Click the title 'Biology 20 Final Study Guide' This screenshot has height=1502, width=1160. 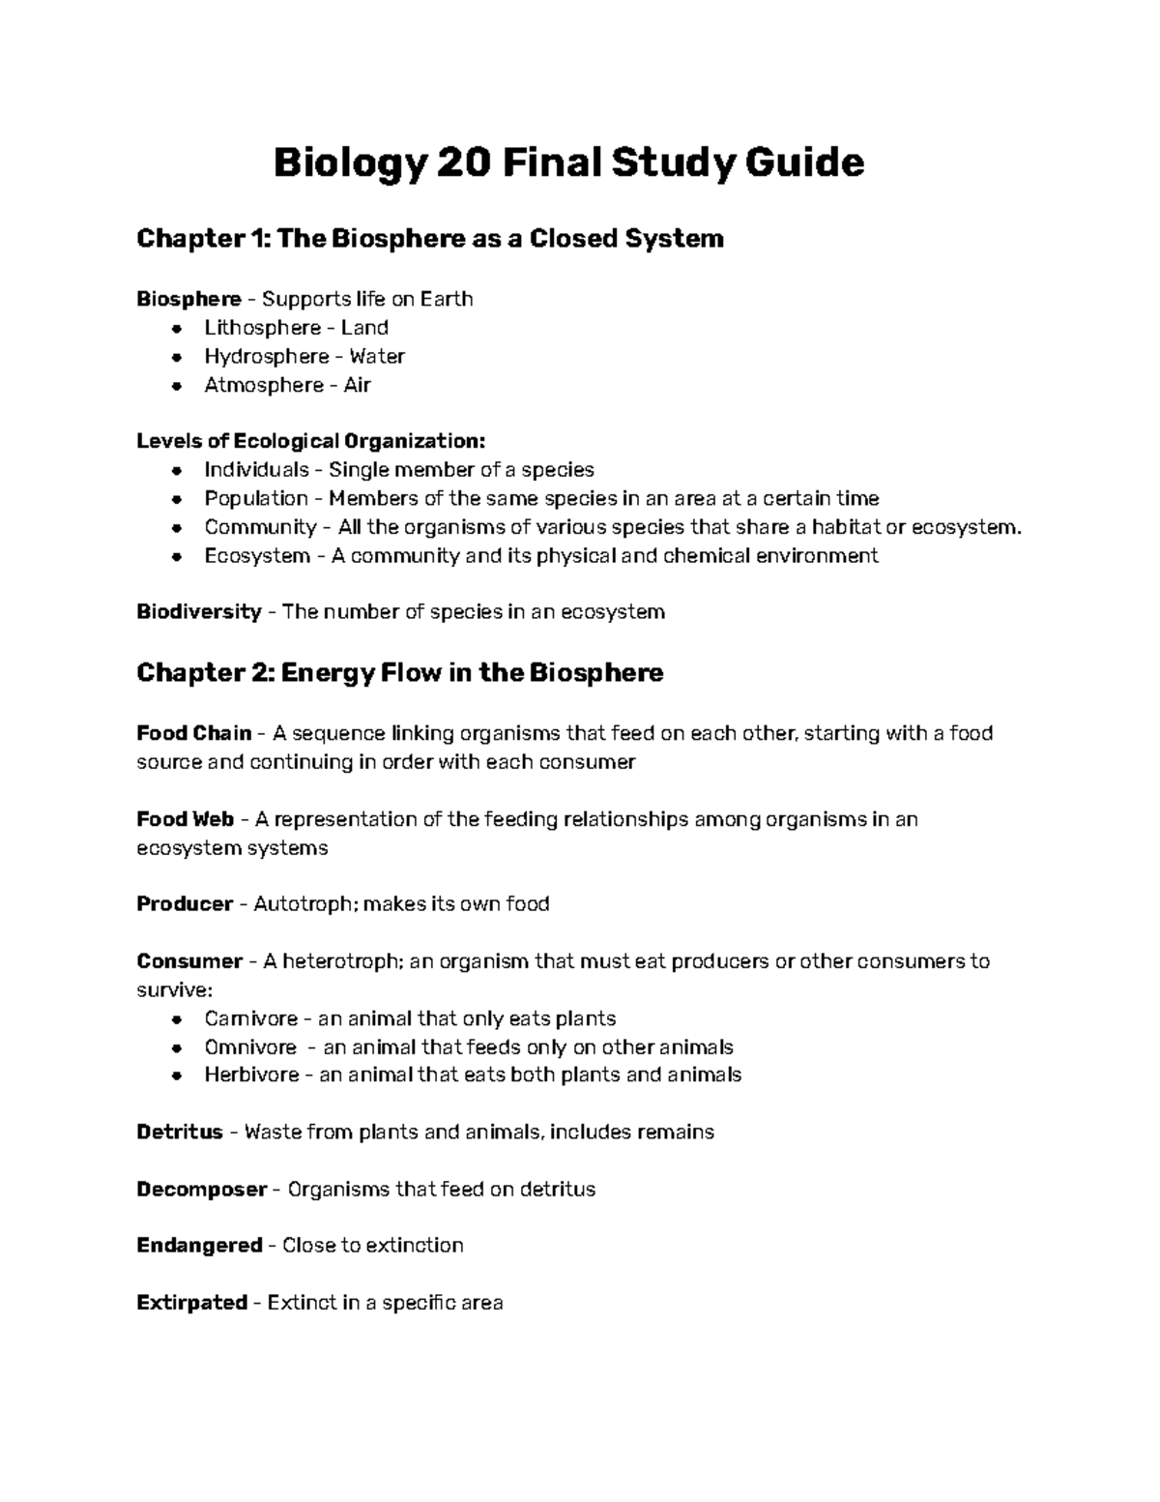[568, 162]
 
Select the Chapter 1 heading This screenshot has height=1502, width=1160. [429, 238]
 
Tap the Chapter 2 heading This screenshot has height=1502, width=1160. [399, 672]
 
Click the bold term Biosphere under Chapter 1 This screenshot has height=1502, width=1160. [188, 299]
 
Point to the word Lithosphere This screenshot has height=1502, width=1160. [262, 328]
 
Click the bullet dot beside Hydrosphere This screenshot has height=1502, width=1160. [176, 357]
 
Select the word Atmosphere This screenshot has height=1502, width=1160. [263, 385]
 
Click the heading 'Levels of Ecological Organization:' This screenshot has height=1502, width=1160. [310, 441]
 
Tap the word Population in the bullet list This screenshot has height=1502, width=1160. [256, 498]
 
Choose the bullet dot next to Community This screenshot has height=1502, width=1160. [176, 528]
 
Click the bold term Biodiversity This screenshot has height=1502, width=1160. [198, 612]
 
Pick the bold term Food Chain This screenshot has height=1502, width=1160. [193, 733]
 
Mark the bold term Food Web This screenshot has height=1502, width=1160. [185, 819]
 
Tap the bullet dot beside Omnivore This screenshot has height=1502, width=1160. [176, 1048]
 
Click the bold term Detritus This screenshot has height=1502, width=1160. [180, 1132]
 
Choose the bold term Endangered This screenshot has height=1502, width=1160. [199, 1245]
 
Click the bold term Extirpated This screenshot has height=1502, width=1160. [191, 1303]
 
